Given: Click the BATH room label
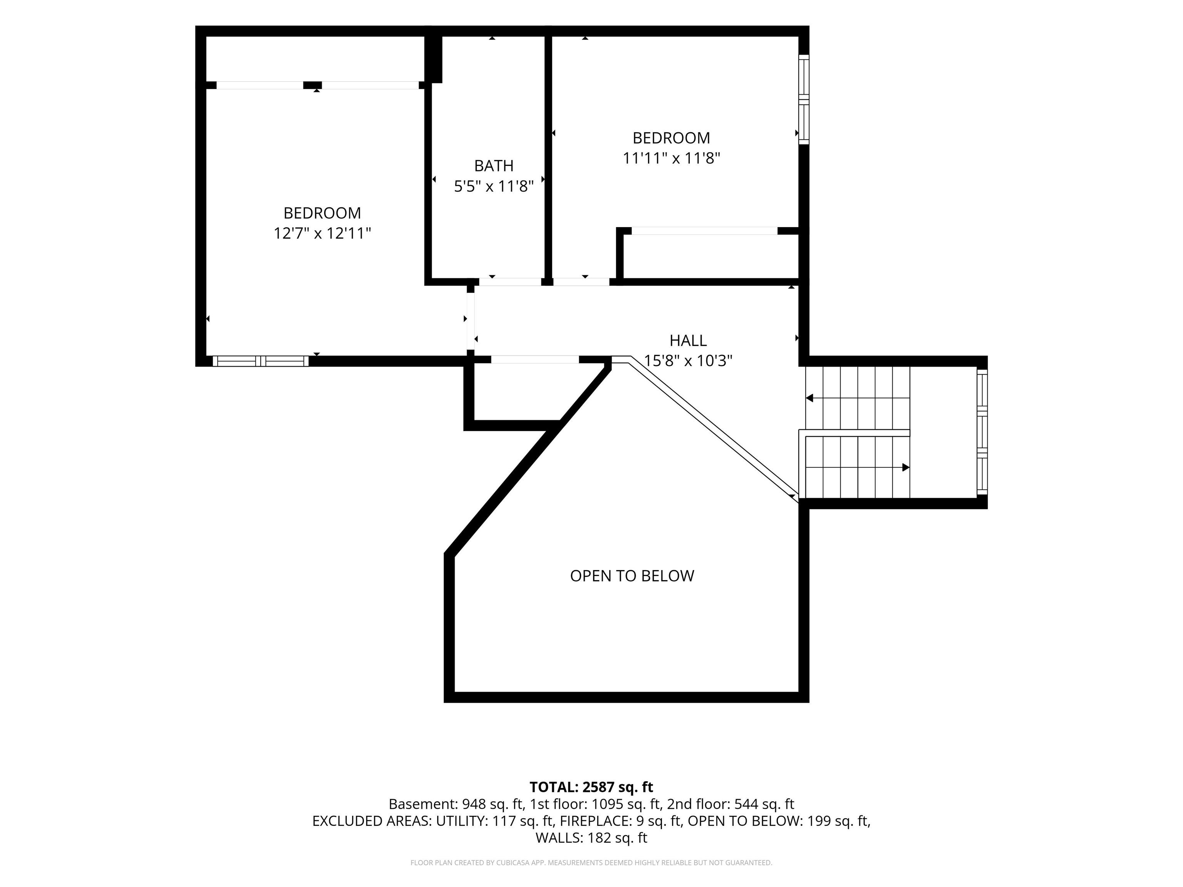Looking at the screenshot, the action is [494, 166].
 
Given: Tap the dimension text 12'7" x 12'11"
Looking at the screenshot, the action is [322, 233].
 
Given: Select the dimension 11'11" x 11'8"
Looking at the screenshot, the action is [671, 158].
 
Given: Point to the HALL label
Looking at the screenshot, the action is [688, 341].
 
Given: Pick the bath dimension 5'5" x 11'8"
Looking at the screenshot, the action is [494, 186].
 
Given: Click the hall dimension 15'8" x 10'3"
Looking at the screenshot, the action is [688, 361].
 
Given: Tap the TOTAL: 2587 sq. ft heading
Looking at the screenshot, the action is [591, 787].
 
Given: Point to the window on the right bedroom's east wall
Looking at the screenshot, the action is [804, 99].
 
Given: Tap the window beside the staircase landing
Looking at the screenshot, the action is [982, 432].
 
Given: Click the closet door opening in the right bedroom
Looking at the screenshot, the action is [704, 231].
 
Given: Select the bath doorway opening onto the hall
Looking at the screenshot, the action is [510, 282].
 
